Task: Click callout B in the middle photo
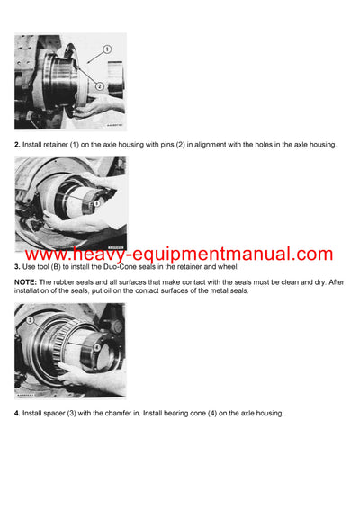[96, 204]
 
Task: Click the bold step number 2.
[17, 145]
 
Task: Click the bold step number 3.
[17, 267]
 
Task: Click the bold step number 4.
[17, 413]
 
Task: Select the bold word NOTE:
[26, 282]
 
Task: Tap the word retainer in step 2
[52, 145]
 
